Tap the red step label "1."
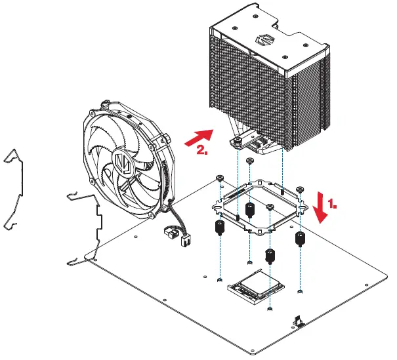click(333, 205)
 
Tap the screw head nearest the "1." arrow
click(299, 190)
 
